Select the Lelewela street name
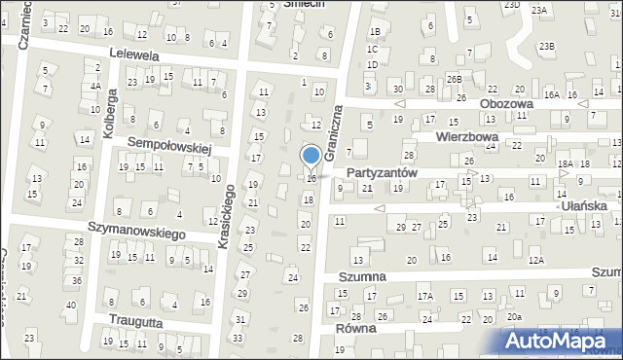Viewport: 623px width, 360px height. tap(134, 55)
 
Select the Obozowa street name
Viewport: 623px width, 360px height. tap(506, 103)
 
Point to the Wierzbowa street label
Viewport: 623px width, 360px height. tap(466, 137)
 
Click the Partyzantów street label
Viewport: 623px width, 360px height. tap(382, 172)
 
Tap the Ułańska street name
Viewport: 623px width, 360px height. tap(581, 206)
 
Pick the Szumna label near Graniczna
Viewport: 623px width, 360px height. tap(362, 276)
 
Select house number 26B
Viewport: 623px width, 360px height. tap(454, 78)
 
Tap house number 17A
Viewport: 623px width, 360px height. tap(424, 296)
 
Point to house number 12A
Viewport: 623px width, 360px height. tap(535, 261)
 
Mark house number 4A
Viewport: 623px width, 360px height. tap(95, 86)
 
